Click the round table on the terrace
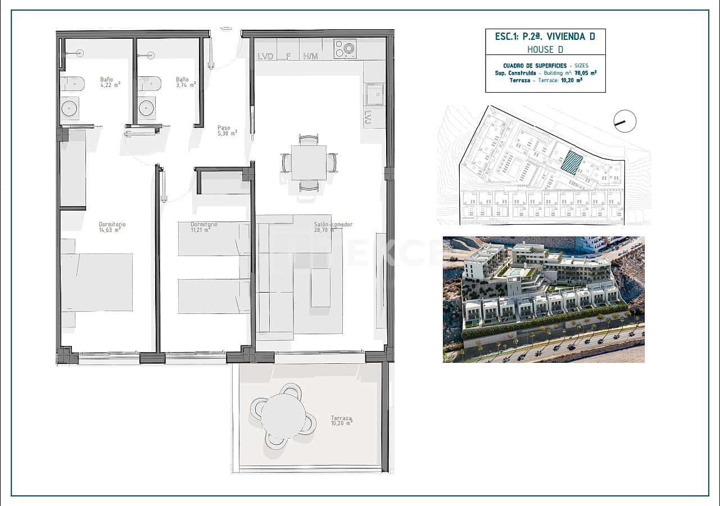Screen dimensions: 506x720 [x=283, y=416]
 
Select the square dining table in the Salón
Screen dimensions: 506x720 [x=309, y=163]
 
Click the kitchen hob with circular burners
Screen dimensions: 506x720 [x=345, y=49]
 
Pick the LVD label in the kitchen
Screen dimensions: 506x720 [x=265, y=56]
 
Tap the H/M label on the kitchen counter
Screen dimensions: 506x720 [x=310, y=56]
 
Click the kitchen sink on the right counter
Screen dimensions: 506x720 [x=374, y=94]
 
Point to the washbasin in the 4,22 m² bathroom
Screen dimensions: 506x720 [x=70, y=108]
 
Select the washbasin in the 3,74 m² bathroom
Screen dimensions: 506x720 [x=147, y=107]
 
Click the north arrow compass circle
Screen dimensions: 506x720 [x=624, y=121]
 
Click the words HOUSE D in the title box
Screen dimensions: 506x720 [x=545, y=49]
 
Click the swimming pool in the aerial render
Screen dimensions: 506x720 [x=514, y=271]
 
